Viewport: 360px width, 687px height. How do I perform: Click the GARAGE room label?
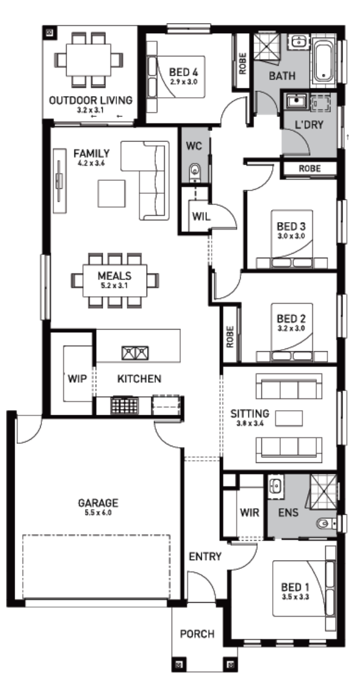pyautogui.click(x=98, y=503)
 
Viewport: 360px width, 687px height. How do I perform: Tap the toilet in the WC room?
pyautogui.click(x=195, y=172)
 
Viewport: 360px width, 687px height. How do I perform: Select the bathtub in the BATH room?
pyautogui.click(x=324, y=62)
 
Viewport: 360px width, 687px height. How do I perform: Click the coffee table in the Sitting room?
pyautogui.click(x=288, y=418)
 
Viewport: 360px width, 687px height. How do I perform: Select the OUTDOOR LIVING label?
pyautogui.click(x=91, y=100)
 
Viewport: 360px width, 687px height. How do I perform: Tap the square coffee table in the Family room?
pyautogui.click(x=111, y=193)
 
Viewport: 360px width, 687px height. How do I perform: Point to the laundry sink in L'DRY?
pyautogui.click(x=295, y=102)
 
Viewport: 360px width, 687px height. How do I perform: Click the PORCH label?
pyautogui.click(x=198, y=634)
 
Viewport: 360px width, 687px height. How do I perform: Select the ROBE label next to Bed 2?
pyautogui.click(x=230, y=337)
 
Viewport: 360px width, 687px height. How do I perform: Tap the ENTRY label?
pyautogui.click(x=205, y=557)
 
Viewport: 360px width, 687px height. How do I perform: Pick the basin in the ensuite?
pyautogui.click(x=276, y=486)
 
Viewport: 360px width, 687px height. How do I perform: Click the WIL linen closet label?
pyautogui.click(x=201, y=216)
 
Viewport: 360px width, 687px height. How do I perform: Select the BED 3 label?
pyautogui.click(x=291, y=227)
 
